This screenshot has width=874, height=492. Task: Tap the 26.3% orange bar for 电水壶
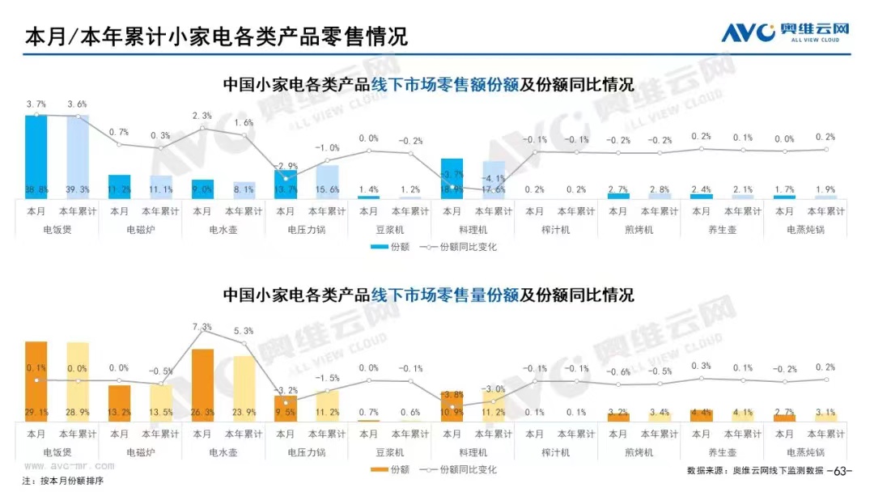pyautogui.click(x=202, y=384)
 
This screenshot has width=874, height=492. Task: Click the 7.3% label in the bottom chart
pyautogui.click(x=202, y=327)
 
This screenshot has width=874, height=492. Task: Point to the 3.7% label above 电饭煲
pyautogui.click(x=36, y=104)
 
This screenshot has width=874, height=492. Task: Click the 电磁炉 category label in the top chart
pyautogui.click(x=140, y=230)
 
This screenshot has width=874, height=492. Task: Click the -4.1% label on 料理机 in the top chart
pyautogui.click(x=493, y=178)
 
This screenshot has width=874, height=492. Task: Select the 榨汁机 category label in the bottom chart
pyautogui.click(x=555, y=452)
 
